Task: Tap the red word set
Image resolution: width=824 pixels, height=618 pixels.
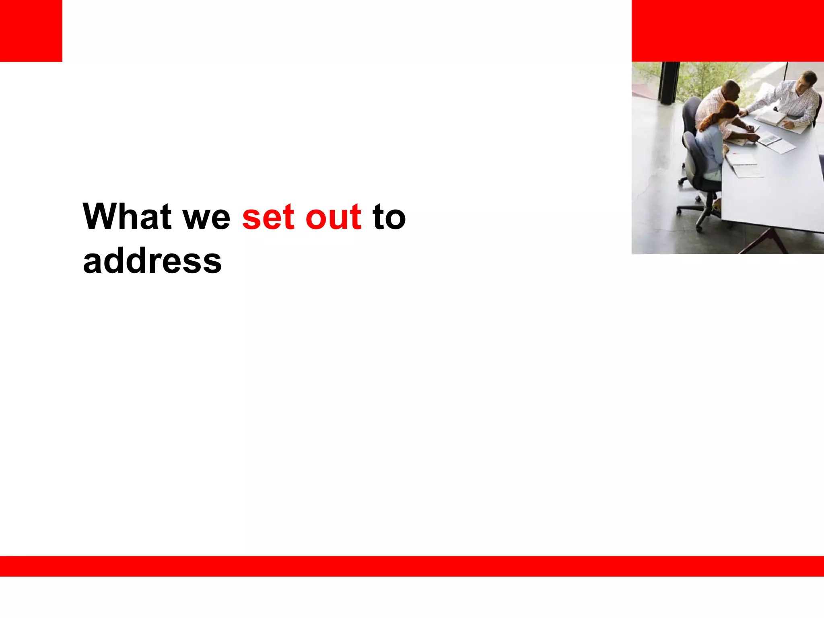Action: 268,218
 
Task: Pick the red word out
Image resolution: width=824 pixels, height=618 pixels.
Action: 333,218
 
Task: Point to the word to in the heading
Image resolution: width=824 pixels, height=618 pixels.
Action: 389,218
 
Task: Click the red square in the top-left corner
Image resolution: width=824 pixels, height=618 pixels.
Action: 31,31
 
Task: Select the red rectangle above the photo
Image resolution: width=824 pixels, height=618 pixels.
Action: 727,31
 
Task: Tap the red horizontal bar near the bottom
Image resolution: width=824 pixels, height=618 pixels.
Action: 412,566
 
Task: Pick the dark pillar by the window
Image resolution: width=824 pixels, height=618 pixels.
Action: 669,82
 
